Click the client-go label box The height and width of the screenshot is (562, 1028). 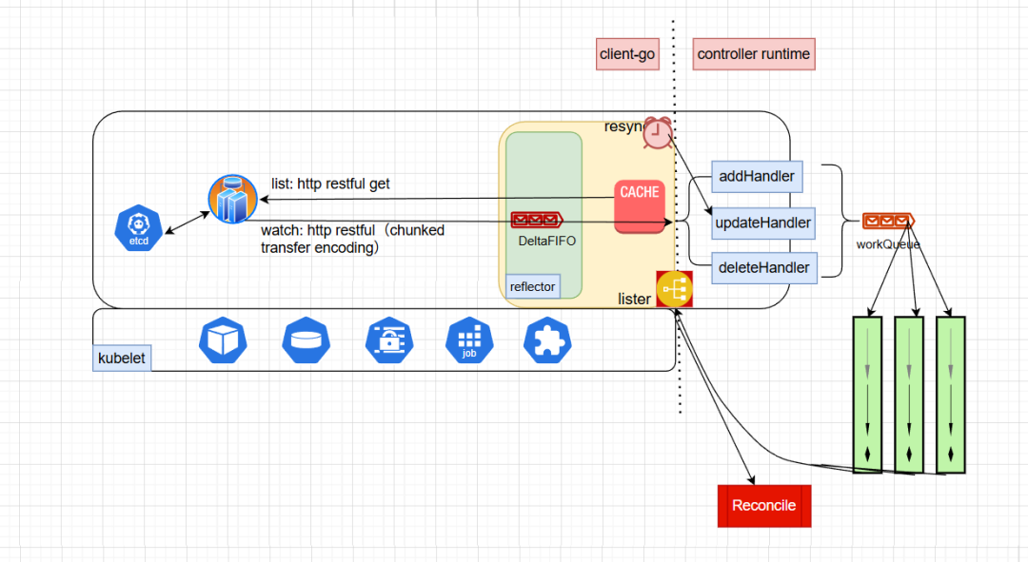627,54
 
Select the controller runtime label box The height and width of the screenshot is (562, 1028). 754,54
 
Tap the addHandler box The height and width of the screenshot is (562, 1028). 758,176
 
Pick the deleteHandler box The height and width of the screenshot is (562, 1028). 764,268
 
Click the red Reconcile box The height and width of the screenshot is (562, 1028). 763,506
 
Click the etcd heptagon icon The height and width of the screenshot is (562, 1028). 140,228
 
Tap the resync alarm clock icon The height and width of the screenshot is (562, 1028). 657,133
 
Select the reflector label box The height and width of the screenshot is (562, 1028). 532,286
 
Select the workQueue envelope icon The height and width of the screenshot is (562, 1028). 888,222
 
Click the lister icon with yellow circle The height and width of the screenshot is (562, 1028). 674,288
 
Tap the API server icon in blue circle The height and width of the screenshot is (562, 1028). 233,199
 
